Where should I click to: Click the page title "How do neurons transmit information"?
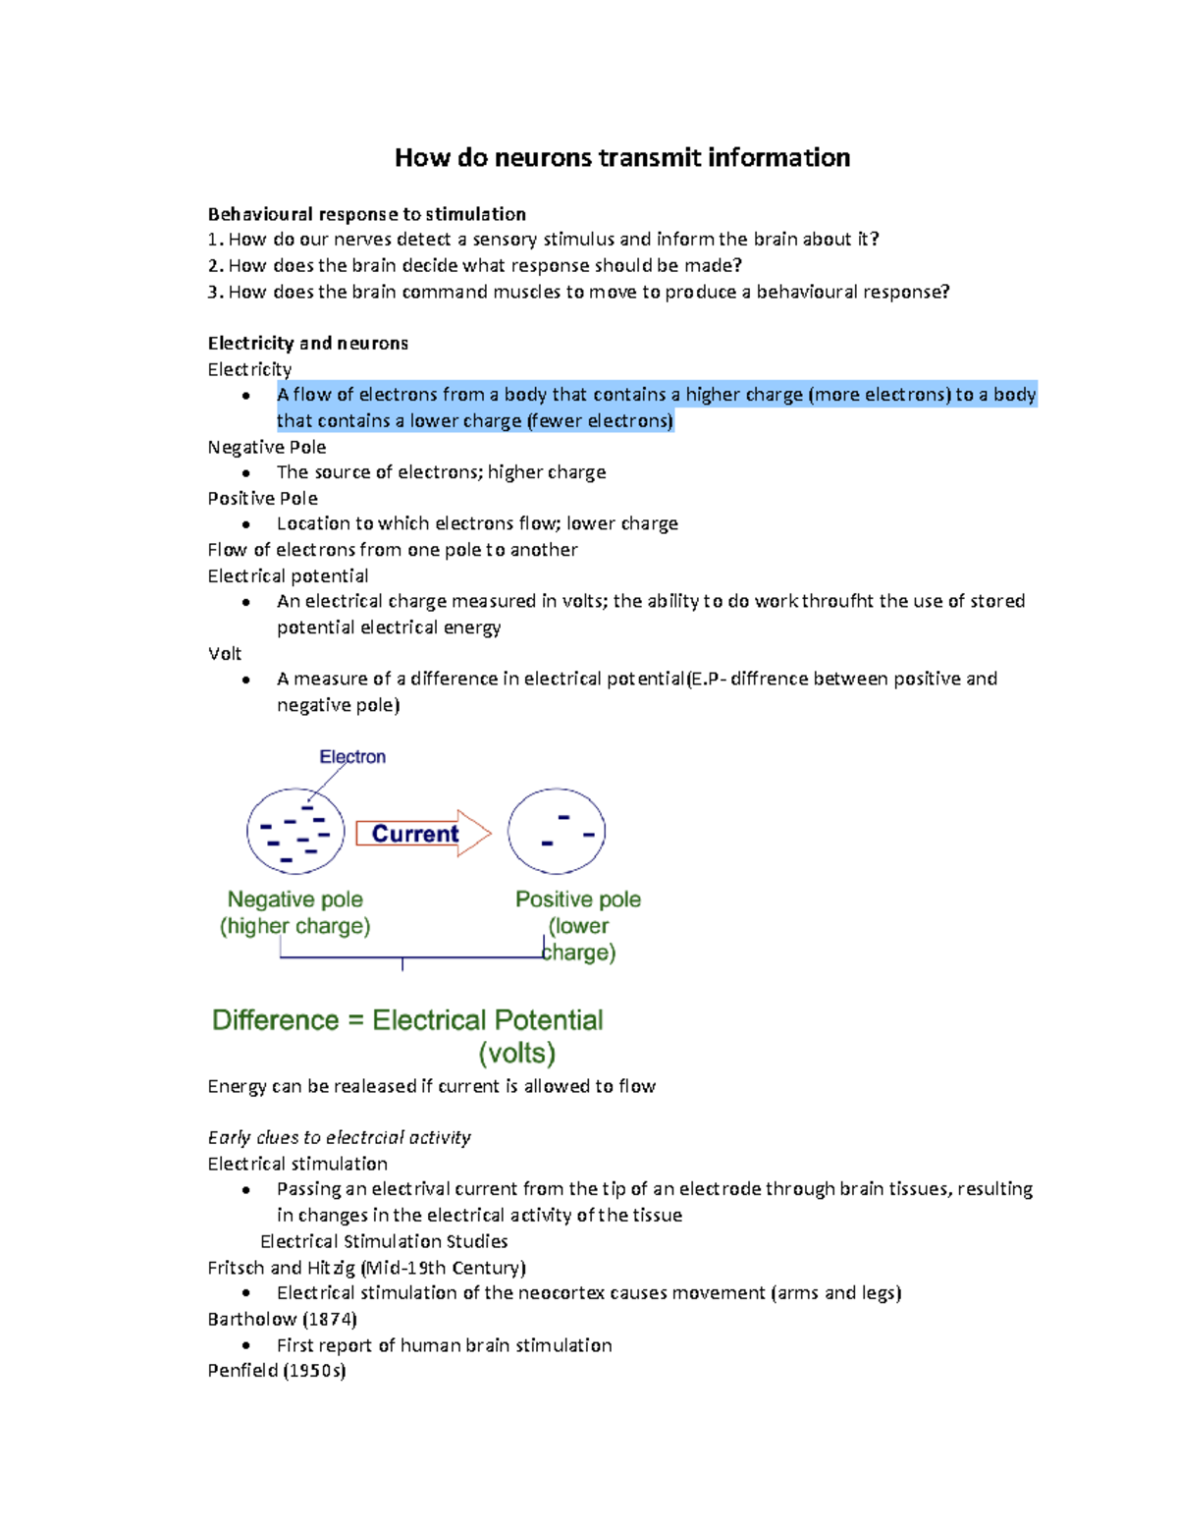621,158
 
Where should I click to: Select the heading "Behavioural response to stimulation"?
366,214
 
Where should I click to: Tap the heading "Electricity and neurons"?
307,343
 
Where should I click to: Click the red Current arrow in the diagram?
422,834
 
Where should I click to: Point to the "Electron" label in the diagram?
352,757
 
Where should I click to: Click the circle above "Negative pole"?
295,832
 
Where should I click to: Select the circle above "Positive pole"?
557,832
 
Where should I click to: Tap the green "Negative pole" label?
294,899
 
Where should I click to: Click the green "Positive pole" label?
578,899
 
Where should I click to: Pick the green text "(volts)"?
516,1054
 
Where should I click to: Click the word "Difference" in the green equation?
275,1020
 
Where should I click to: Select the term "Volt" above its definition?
224,654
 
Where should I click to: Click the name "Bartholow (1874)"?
282,1319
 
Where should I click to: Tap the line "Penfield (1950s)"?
277,1371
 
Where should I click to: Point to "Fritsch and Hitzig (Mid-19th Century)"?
366,1268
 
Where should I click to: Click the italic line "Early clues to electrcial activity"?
339,1137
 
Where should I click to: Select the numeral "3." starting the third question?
215,292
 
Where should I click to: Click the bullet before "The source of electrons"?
245,473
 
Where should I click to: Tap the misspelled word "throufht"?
837,601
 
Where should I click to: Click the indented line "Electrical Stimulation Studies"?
384,1241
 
